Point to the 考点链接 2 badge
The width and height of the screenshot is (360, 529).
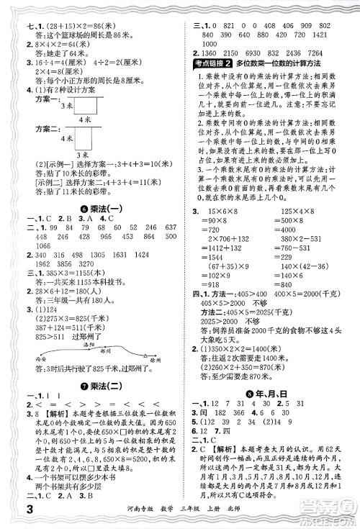tap(222, 64)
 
